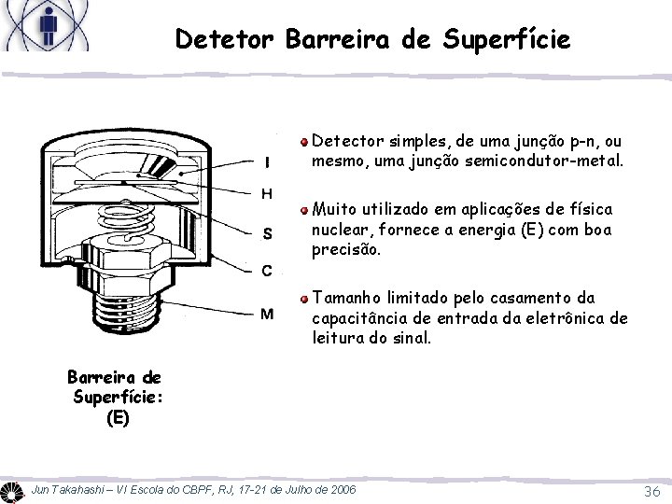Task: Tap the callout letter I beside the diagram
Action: coord(268,161)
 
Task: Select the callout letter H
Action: coord(268,194)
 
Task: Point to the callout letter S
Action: coord(268,233)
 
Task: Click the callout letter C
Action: coord(267,272)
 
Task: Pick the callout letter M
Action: coord(267,314)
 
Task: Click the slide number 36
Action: coord(652,492)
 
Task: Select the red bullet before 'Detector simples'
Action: coord(304,144)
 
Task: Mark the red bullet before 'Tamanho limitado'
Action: coord(304,300)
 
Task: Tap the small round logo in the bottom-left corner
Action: coord(12,491)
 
